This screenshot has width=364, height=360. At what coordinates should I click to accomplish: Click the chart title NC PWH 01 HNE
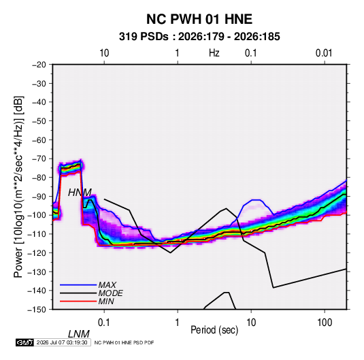(199, 19)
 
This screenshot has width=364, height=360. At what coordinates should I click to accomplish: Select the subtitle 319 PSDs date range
(199, 37)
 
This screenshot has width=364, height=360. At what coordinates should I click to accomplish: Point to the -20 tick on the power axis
(39, 65)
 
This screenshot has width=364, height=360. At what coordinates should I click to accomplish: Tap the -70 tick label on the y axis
(39, 159)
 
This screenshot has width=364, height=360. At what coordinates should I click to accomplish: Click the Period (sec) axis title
(214, 330)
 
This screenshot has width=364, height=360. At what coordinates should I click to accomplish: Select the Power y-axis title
(18, 186)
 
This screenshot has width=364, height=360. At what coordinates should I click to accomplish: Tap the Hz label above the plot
(214, 53)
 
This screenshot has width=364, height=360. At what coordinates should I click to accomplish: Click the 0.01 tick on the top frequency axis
(324, 53)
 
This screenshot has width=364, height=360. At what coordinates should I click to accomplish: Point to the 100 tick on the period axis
(325, 323)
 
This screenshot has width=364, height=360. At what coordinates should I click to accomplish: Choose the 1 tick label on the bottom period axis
(178, 323)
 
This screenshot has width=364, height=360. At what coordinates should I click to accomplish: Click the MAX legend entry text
(107, 284)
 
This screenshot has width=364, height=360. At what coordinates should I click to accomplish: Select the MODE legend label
(110, 293)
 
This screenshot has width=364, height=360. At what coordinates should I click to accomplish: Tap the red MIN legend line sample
(78, 301)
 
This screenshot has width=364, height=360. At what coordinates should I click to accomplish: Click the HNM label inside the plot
(80, 193)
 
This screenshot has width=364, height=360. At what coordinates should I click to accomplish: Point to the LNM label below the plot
(78, 334)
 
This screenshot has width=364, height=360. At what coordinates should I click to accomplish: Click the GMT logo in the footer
(25, 342)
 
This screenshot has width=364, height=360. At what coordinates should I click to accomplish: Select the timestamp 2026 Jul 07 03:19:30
(62, 342)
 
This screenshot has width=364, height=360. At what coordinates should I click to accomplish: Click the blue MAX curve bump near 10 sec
(256, 200)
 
